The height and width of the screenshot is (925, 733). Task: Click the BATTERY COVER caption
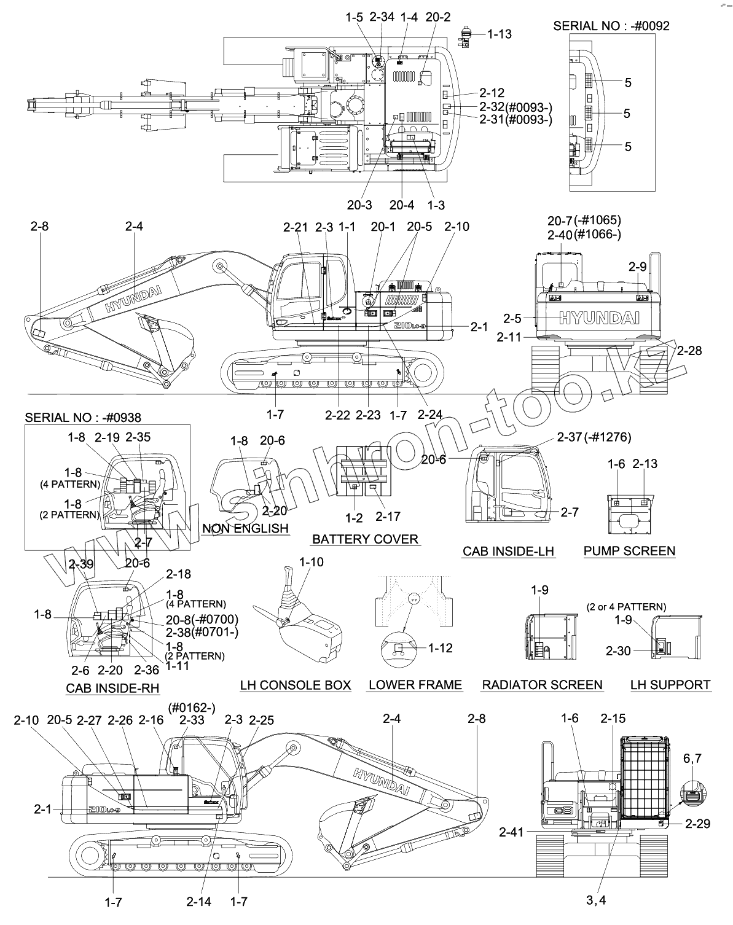tap(365, 539)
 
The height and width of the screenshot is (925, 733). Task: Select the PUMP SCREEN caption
tap(629, 551)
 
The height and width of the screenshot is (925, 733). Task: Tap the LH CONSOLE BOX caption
tap(296, 685)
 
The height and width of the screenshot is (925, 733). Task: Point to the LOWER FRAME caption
tap(415, 685)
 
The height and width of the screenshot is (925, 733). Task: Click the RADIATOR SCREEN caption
tap(542, 685)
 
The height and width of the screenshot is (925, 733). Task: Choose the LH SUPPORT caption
tap(670, 685)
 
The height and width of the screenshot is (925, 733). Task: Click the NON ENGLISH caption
tap(245, 528)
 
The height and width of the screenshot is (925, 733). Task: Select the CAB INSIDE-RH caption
tap(112, 688)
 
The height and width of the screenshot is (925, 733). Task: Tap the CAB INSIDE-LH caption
tap(509, 551)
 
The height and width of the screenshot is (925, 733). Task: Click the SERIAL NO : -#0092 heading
tap(611, 26)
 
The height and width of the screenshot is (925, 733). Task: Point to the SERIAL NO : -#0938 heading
tap(83, 418)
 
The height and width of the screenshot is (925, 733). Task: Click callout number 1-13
tap(499, 34)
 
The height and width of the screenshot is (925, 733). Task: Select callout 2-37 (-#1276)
tap(594, 437)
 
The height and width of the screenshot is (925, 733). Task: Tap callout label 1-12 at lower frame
tap(440, 648)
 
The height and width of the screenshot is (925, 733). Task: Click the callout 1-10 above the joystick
tap(311, 562)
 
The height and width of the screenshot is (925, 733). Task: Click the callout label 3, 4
tap(595, 900)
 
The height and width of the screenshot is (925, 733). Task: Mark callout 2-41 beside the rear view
tap(511, 832)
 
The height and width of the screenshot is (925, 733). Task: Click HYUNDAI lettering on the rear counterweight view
tap(598, 318)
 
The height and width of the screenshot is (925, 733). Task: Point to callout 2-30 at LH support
tap(618, 651)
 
